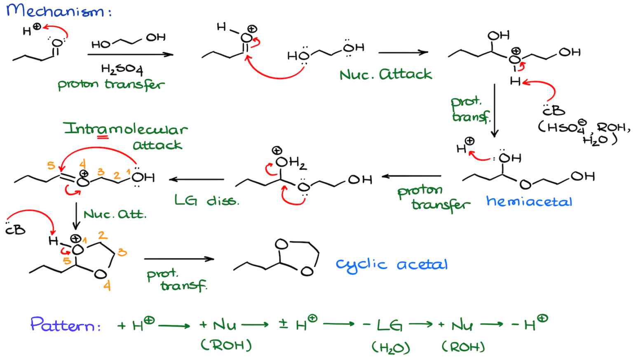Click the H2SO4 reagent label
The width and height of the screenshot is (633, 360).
[122, 69]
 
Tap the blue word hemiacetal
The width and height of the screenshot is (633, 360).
[529, 202]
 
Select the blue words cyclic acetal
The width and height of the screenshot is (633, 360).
[392, 265]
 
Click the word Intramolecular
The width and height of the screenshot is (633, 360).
[126, 129]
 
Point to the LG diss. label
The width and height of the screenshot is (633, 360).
[206, 200]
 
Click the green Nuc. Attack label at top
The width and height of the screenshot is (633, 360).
[385, 75]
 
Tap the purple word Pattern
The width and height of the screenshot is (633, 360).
[65, 325]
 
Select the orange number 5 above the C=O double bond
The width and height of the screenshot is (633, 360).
[51, 165]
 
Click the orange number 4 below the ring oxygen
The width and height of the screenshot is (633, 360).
[107, 286]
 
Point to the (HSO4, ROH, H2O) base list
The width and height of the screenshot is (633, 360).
[584, 132]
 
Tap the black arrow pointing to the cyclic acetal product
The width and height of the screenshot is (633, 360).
[179, 259]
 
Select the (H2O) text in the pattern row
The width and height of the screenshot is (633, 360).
[391, 348]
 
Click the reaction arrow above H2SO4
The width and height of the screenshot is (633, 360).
[130, 54]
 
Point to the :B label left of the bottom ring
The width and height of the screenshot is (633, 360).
[16, 229]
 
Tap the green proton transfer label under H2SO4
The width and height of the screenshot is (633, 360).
[111, 85]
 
